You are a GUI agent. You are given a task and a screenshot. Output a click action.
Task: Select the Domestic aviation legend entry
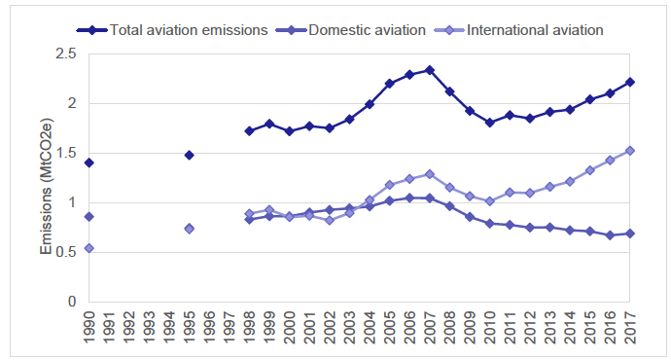tap(368, 30)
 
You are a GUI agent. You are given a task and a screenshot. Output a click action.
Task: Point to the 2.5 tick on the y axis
tap(66, 54)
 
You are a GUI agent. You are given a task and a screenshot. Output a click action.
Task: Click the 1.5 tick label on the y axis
tap(66, 153)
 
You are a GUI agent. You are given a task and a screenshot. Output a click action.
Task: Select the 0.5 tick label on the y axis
tap(66, 252)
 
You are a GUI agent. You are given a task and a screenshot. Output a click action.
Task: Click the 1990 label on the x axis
tap(89, 328)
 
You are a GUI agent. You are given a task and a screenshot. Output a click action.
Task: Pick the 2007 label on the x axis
tap(430, 328)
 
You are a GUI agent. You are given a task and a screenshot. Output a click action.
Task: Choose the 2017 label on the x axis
tap(630, 328)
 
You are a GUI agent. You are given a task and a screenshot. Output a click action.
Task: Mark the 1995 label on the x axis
tap(190, 328)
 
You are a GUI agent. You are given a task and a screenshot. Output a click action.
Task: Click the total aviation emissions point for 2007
tap(430, 70)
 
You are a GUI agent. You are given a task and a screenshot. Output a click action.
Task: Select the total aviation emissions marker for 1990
tap(89, 162)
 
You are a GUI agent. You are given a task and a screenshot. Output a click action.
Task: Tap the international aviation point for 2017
tap(630, 151)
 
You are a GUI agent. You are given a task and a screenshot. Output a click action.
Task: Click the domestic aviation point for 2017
tap(630, 234)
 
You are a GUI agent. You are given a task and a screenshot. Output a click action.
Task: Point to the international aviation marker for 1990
tap(89, 248)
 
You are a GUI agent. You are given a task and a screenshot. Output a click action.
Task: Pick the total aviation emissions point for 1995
tap(190, 155)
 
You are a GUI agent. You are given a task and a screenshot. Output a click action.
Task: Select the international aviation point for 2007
tap(430, 174)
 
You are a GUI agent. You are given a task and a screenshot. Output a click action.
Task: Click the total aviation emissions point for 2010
tap(490, 123)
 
